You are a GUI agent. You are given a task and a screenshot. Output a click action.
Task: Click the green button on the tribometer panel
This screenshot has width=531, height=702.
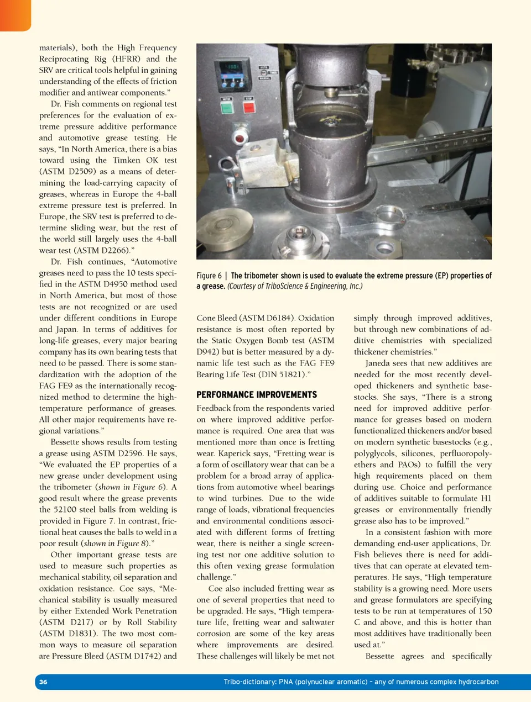coord(227,107)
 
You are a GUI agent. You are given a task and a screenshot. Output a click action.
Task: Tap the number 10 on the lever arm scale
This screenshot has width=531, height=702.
coord(446,145)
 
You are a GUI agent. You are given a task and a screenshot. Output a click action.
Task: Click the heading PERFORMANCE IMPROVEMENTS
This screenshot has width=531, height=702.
coord(257,394)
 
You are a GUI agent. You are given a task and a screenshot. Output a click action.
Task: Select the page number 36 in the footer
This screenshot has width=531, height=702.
coord(43,682)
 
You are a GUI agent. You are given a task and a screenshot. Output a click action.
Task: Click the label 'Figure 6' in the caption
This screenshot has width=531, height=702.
coord(209,276)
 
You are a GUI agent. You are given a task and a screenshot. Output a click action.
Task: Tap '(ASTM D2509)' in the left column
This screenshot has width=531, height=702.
coord(67,171)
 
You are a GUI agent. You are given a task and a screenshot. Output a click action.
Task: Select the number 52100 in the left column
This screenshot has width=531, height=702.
coord(67,509)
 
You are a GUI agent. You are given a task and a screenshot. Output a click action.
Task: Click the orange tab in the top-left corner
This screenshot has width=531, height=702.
coord(15,14)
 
